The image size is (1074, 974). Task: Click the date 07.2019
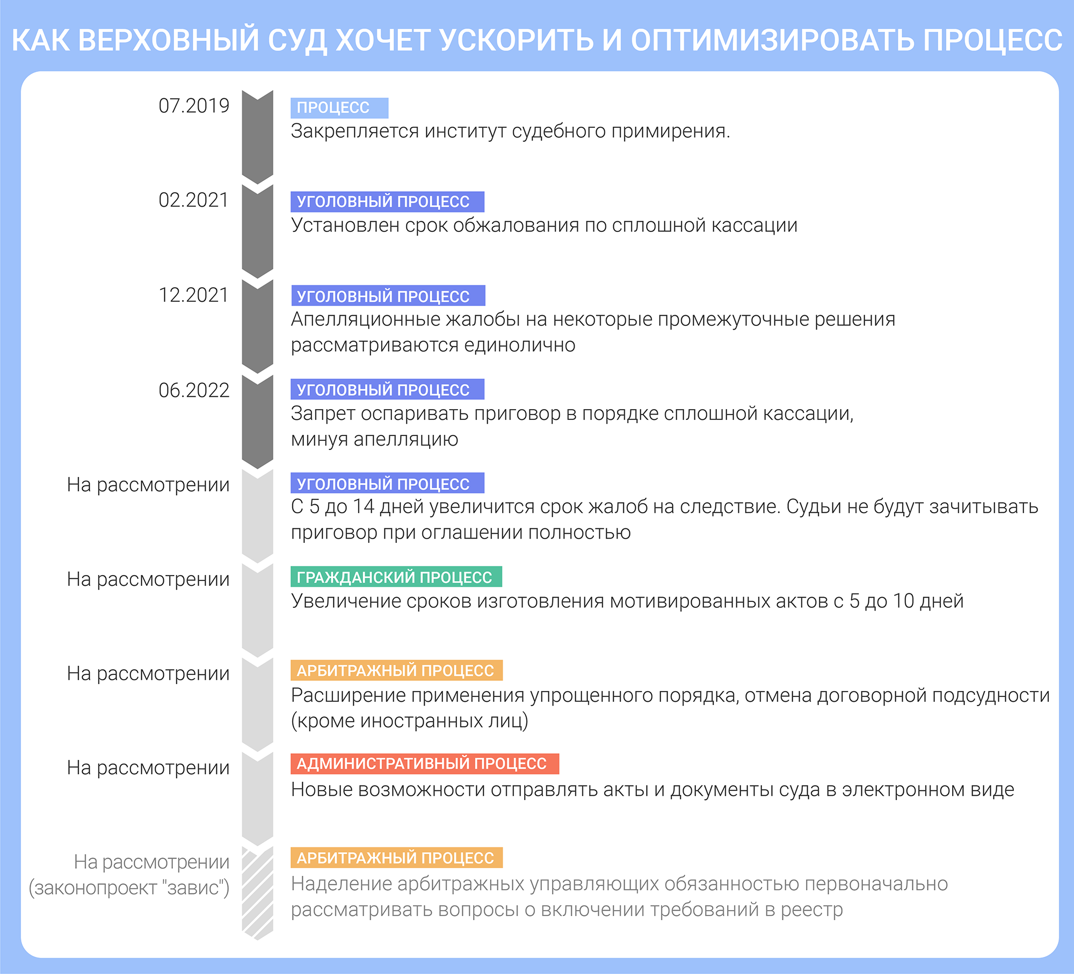194,106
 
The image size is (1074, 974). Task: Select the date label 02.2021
194,200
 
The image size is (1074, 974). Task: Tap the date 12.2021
194,295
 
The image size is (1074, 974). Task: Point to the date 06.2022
194,390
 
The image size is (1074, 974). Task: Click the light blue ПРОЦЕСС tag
339,108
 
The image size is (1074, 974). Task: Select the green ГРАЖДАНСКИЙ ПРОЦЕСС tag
396,577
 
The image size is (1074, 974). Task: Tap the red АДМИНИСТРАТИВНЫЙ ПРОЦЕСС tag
425,764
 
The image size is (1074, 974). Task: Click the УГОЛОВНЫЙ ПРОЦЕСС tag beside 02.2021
387,202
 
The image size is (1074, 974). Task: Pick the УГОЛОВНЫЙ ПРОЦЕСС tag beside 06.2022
387,389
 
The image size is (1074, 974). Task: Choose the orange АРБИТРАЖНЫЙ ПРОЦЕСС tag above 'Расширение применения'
396,671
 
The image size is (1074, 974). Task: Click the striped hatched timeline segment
258,893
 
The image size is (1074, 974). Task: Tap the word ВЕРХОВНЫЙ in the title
169,40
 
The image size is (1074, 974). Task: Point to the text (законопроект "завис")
129,888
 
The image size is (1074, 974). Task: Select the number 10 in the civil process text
903,601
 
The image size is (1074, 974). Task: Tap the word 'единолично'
520,345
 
